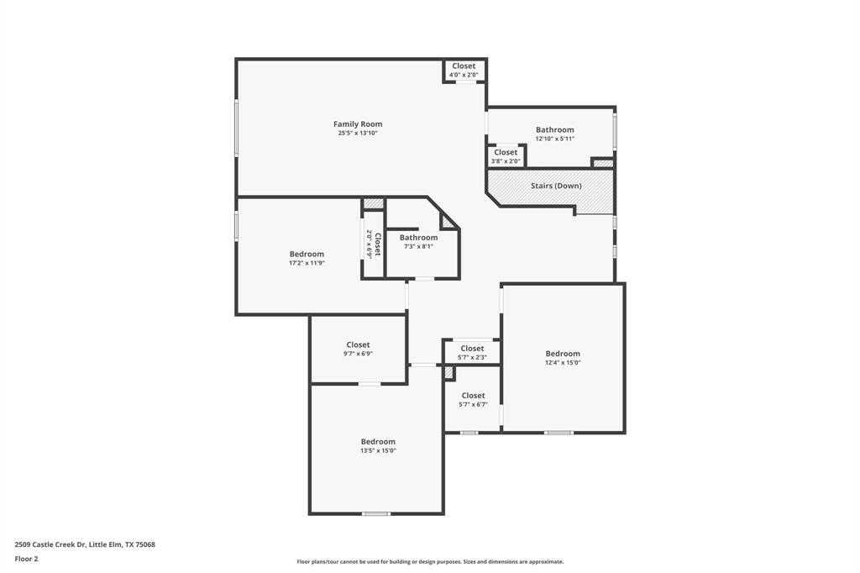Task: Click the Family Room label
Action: point(358,124)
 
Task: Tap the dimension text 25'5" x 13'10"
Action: point(358,133)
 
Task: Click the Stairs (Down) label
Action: point(555,186)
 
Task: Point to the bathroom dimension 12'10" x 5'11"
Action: point(555,139)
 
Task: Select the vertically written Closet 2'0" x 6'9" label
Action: point(374,244)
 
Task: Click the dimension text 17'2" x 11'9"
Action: point(307,263)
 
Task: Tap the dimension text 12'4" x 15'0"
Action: point(563,363)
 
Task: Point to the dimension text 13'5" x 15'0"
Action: point(378,450)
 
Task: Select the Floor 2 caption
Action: point(26,559)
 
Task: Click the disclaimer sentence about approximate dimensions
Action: point(430,562)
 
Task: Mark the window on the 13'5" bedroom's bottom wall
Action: point(376,513)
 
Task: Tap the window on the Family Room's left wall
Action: point(237,127)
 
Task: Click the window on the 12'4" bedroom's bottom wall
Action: point(558,433)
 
